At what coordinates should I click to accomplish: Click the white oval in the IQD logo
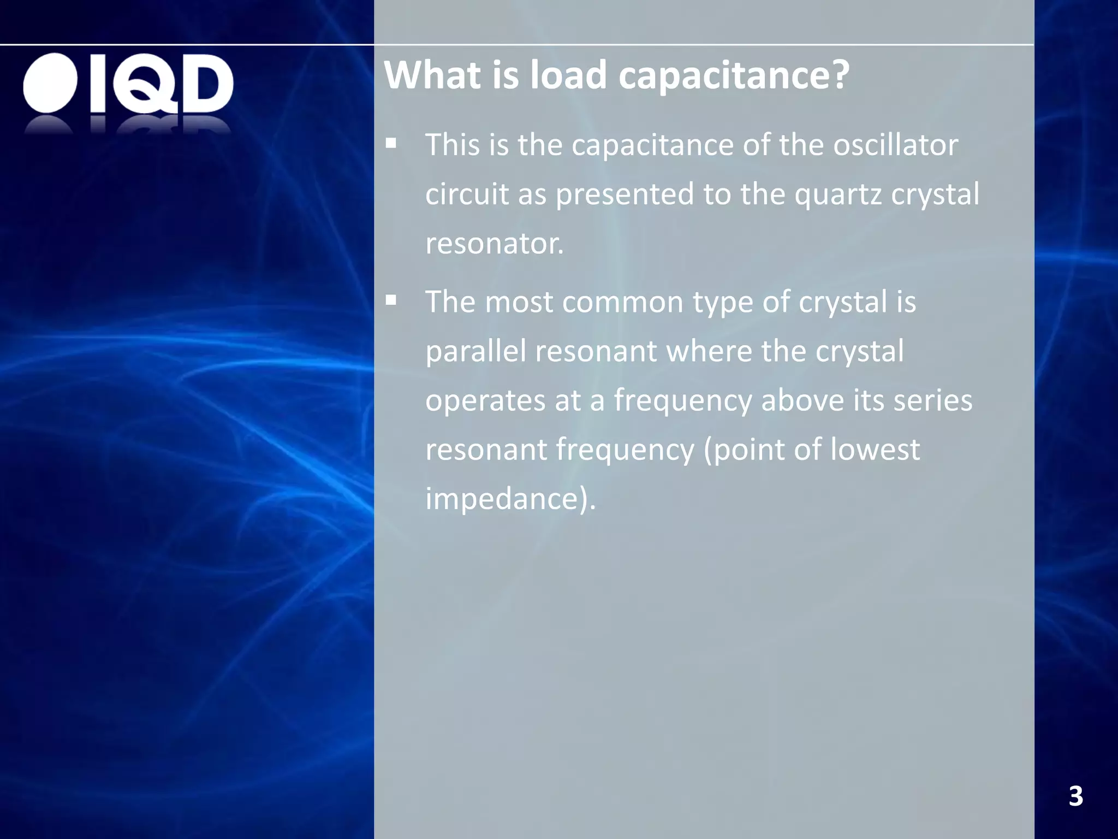tap(50, 83)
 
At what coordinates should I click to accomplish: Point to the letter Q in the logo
tap(144, 85)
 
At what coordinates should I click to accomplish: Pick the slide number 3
tap(1075, 796)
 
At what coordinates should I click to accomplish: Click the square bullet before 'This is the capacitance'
tap(391, 144)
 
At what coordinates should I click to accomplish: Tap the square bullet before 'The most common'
tap(391, 300)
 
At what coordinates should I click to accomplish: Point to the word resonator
tap(494, 244)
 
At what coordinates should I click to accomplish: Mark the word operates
tap(485, 401)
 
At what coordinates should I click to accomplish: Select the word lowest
tap(875, 450)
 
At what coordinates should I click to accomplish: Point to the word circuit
tap(467, 194)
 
